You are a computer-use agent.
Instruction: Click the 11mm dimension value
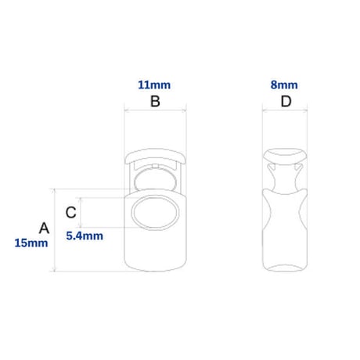[x=154, y=85]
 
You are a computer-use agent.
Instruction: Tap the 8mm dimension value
[x=284, y=85]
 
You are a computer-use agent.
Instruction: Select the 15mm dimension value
[x=31, y=243]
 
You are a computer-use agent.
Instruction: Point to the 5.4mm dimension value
[x=85, y=236]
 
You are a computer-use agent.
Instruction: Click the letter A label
[x=44, y=228]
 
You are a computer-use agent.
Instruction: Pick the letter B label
[x=155, y=101]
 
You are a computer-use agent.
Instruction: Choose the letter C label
[x=70, y=212]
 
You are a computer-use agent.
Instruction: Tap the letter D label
[x=286, y=101]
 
